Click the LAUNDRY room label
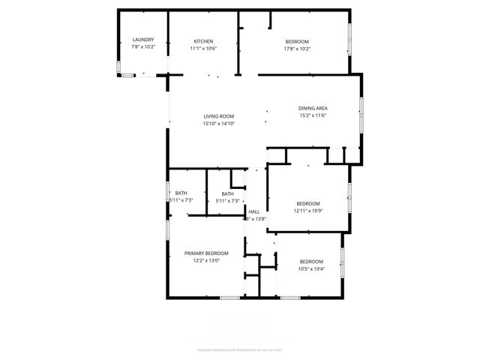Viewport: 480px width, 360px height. pyautogui.click(x=142, y=40)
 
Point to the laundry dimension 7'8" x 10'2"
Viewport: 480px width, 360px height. pyautogui.click(x=142, y=47)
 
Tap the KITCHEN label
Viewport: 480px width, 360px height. pyautogui.click(x=203, y=41)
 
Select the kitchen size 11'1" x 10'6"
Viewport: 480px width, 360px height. pyautogui.click(x=203, y=49)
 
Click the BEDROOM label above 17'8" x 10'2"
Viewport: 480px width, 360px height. pyautogui.click(x=297, y=42)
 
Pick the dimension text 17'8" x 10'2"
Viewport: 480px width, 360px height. pyautogui.click(x=297, y=49)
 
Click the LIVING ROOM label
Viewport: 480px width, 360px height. pyautogui.click(x=219, y=116)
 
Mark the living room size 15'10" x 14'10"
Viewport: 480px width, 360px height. pyautogui.click(x=219, y=124)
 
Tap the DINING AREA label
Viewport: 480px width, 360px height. pyautogui.click(x=313, y=108)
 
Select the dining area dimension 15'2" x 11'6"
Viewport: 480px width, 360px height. pyautogui.click(x=313, y=115)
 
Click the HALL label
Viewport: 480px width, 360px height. pyautogui.click(x=254, y=211)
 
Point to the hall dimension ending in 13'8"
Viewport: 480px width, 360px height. pyautogui.click(x=256, y=219)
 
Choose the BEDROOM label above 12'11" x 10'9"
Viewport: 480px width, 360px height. pyautogui.click(x=307, y=204)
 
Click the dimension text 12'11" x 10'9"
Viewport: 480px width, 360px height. pyautogui.click(x=307, y=211)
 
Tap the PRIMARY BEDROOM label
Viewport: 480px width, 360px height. pyautogui.click(x=207, y=253)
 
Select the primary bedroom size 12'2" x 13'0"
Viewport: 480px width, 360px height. pyautogui.click(x=207, y=261)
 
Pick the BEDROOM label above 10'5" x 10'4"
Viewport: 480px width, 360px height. pyautogui.click(x=311, y=261)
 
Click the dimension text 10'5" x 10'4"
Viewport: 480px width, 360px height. pyautogui.click(x=311, y=268)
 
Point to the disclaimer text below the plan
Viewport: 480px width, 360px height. pyautogui.click(x=240, y=349)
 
